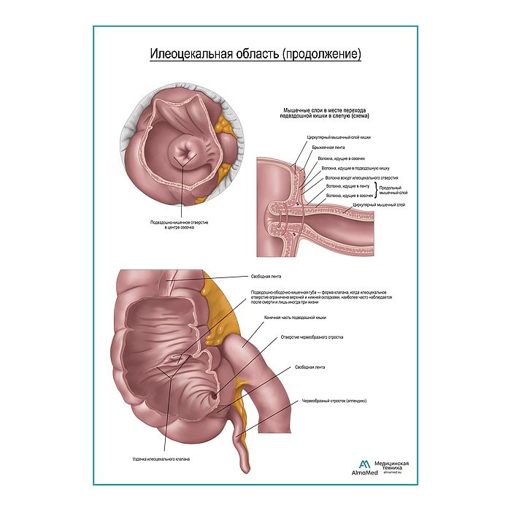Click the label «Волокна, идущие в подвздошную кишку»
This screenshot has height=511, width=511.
pyautogui.click(x=350, y=168)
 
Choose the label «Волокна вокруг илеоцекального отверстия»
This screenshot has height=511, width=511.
pyautogui.click(x=362, y=177)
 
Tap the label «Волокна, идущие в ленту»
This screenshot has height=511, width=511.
pyautogui.click(x=347, y=187)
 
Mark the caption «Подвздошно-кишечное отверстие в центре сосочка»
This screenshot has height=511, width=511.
pyautogui.click(x=179, y=224)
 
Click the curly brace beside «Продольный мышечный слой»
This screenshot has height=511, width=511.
pyautogui.click(x=377, y=191)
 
